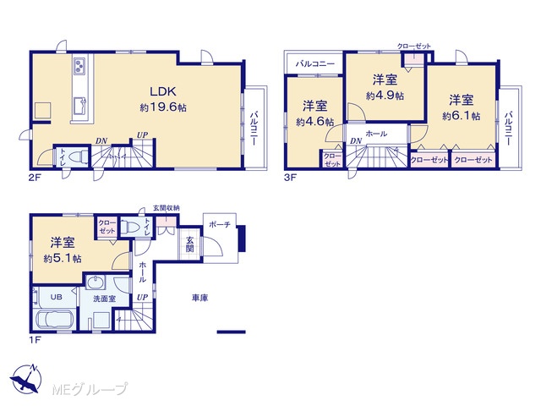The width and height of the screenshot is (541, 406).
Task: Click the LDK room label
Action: pyautogui.click(x=163, y=91)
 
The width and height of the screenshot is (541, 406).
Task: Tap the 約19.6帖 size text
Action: pyautogui.click(x=163, y=107)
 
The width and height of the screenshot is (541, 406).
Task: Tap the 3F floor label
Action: pyautogui.click(x=290, y=178)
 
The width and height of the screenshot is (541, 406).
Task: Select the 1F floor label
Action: pyautogui.click(x=35, y=340)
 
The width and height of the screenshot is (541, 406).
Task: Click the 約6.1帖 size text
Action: pyautogui.click(x=462, y=116)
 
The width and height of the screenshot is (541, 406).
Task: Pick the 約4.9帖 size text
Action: pyautogui.click(x=385, y=96)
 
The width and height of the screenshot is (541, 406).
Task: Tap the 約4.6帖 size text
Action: pyautogui.click(x=314, y=122)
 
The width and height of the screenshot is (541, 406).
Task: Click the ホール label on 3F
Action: pyautogui.click(x=376, y=134)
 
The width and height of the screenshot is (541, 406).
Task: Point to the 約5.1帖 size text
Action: pyautogui.click(x=63, y=258)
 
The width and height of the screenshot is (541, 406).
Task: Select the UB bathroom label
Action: pyautogui.click(x=57, y=297)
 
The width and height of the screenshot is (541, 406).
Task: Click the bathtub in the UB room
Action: pyautogui.click(x=54, y=320)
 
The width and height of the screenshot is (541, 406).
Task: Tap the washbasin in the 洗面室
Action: pyautogui.click(x=95, y=283)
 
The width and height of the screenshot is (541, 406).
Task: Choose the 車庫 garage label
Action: pyautogui.click(x=199, y=298)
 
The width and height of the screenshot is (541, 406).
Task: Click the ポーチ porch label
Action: pyautogui.click(x=220, y=224)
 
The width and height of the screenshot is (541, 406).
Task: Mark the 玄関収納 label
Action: pyautogui.click(x=167, y=208)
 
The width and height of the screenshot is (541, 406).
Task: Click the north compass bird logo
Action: pyautogui.click(x=26, y=379)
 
